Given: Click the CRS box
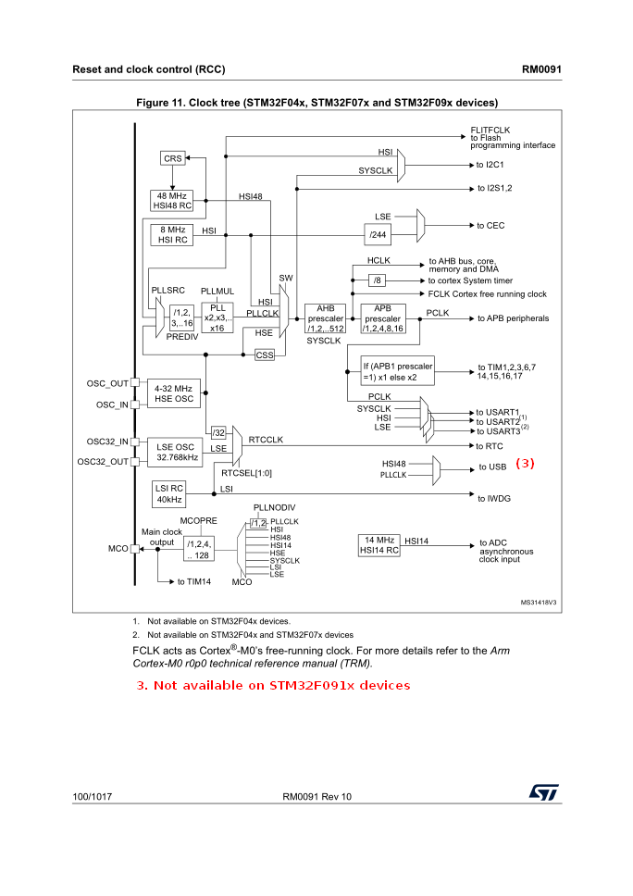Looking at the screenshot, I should [173, 158].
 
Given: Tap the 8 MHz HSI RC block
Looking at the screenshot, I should [172, 234].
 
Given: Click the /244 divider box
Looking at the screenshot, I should [378, 235].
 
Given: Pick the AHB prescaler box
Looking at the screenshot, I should [325, 318].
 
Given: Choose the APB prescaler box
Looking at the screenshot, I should [382, 318].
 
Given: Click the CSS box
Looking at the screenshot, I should [265, 355].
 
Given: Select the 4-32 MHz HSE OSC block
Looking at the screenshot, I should [173, 393].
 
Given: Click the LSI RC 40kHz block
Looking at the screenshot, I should [169, 494].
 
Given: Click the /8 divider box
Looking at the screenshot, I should [378, 280].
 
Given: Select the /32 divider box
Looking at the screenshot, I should [218, 432].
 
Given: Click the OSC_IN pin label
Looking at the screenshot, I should [111, 404].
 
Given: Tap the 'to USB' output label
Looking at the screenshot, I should [492, 468].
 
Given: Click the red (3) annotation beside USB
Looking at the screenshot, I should [526, 464].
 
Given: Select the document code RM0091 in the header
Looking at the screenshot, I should [542, 69].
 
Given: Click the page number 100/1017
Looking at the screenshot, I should [93, 797].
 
